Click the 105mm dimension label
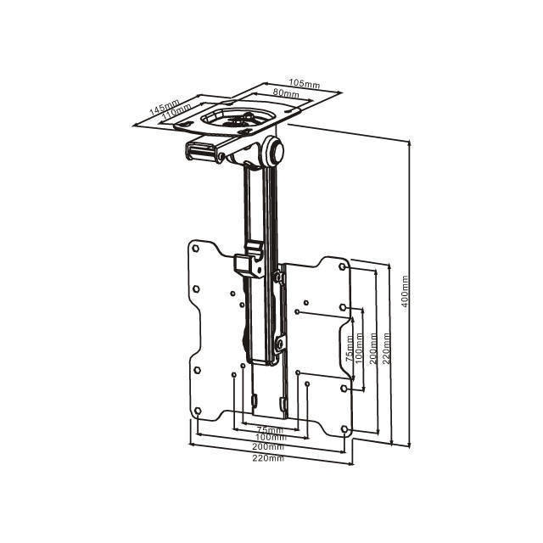click(x=305, y=83)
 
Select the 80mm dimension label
click(x=286, y=92)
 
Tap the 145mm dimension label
click(x=164, y=107)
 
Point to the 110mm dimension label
click(x=176, y=112)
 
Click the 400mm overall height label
click(x=406, y=291)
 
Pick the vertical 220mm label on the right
click(x=387, y=348)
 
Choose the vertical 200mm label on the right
click(x=373, y=348)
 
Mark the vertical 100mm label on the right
click(x=359, y=348)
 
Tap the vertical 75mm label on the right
click(x=350, y=349)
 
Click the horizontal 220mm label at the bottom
click(x=268, y=458)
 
